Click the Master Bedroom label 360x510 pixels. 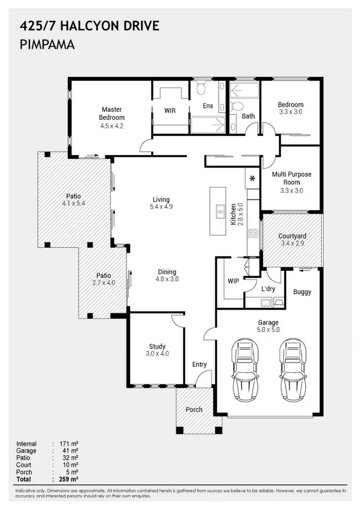(x=112, y=113)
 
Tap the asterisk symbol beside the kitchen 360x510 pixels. (x=252, y=178)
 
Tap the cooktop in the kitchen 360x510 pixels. (x=253, y=233)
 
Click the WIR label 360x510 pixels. (x=170, y=110)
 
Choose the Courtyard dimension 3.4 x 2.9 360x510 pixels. (x=292, y=243)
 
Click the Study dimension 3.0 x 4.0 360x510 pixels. (x=157, y=353)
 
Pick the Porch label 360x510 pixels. (x=194, y=409)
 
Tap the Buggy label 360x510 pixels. (x=302, y=292)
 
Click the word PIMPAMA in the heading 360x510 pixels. (x=47, y=45)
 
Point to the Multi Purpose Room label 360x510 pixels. (x=291, y=178)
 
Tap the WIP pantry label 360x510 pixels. (x=233, y=281)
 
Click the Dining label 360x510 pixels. (x=167, y=272)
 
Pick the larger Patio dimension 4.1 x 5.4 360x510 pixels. (x=74, y=204)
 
